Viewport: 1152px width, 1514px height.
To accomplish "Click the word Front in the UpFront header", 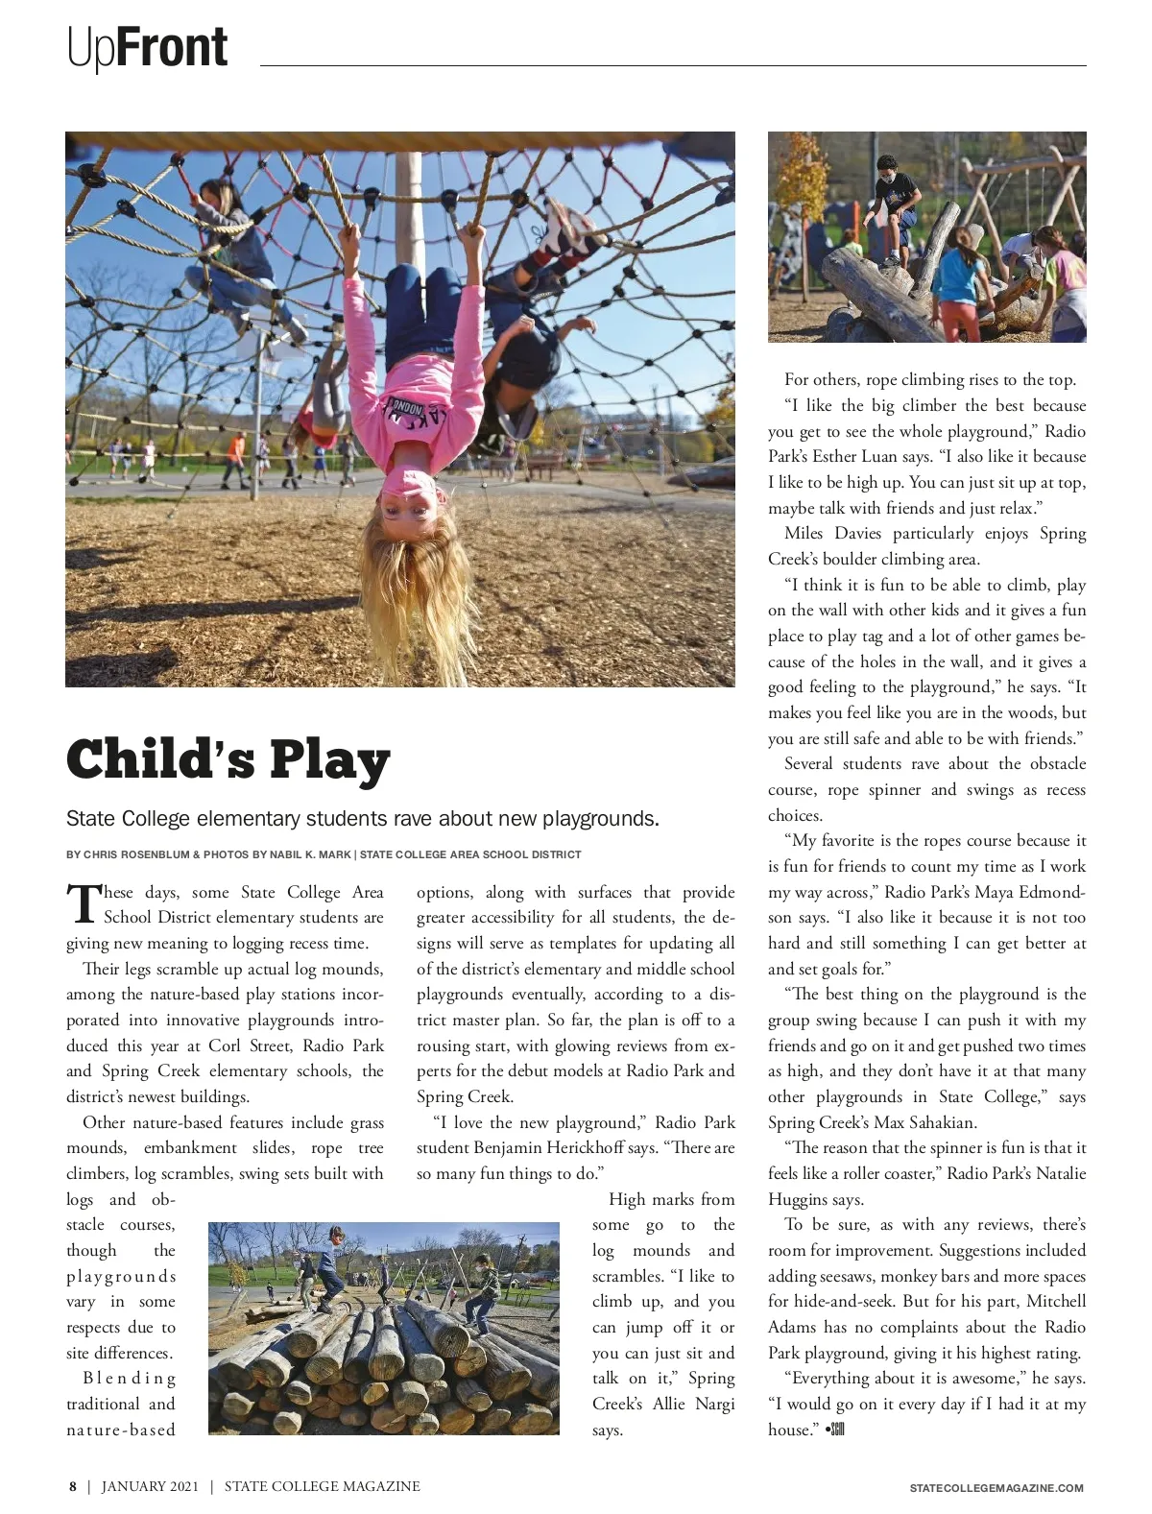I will tap(173, 48).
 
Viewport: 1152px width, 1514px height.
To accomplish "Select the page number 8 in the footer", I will tap(72, 1486).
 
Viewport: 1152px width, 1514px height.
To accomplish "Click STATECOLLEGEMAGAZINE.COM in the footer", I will tap(996, 1488).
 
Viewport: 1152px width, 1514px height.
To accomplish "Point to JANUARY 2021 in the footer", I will tap(150, 1486).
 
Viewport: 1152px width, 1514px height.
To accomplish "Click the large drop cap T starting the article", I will tap(83, 903).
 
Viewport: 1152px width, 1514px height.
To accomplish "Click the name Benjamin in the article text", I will tap(510, 1147).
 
